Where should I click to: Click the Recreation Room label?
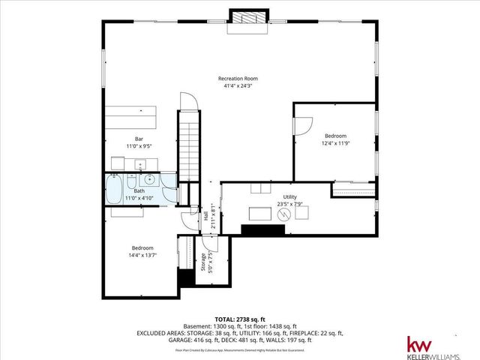[x=239, y=79]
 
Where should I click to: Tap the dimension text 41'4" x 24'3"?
[x=239, y=86]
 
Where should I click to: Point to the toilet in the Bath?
[x=131, y=183]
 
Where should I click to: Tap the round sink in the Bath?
[x=148, y=179]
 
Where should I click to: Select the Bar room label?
[x=139, y=139]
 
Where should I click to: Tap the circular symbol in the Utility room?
[x=284, y=214]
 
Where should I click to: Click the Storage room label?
[x=202, y=262]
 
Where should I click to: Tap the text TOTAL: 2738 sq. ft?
[x=239, y=319]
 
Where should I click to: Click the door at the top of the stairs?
[x=188, y=101]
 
